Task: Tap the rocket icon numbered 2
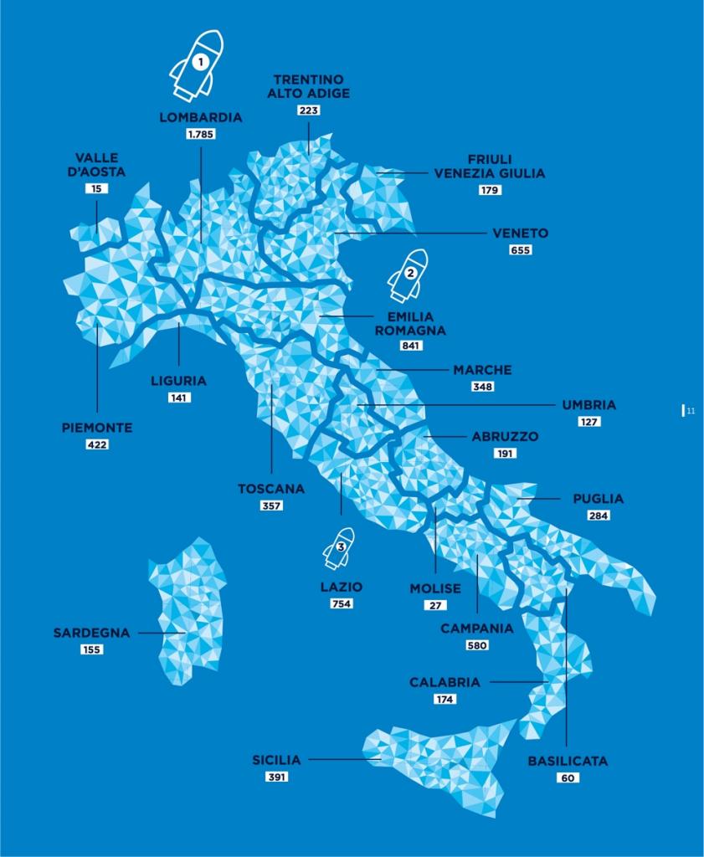click(409, 275)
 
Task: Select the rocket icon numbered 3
click(340, 548)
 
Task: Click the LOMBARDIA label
click(201, 117)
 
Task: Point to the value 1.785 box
click(201, 134)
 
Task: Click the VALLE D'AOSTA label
click(97, 164)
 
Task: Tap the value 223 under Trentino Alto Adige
click(308, 110)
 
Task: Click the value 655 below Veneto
click(520, 249)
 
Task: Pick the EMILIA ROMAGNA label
click(410, 323)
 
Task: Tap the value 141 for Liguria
click(178, 398)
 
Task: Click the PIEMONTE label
click(97, 428)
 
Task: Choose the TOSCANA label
click(271, 489)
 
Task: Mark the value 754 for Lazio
click(342, 603)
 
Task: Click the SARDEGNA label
click(92, 633)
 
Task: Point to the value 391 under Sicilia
click(276, 777)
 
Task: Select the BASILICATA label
click(568, 762)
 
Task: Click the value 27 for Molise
click(435, 605)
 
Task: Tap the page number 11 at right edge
click(690, 411)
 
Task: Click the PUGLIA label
click(599, 499)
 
